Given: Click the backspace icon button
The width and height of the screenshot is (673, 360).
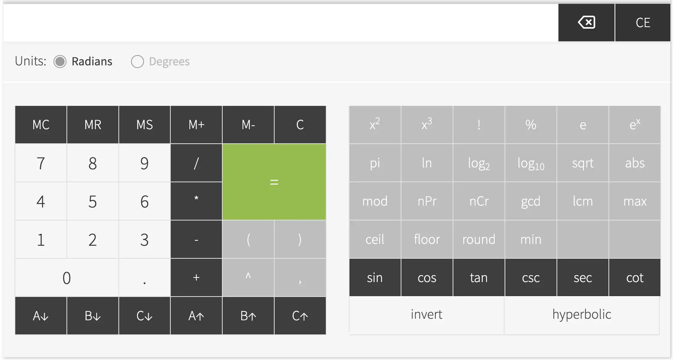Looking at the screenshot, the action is (x=586, y=23).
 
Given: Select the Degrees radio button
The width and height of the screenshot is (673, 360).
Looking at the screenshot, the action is (x=138, y=62).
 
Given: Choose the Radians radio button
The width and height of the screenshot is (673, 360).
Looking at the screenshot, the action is (x=60, y=62).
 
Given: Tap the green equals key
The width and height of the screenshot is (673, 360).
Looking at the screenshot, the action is (x=274, y=182).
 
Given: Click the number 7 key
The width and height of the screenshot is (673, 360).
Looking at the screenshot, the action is (x=41, y=163).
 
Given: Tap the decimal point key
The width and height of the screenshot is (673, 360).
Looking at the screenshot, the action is (x=144, y=278).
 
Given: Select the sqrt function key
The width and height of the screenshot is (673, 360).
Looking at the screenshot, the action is (x=583, y=163).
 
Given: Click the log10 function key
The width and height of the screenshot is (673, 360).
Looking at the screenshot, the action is (x=531, y=163).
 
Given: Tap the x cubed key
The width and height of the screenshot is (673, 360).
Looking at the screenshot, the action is (x=427, y=125).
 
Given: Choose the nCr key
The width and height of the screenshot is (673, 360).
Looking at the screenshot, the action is (x=479, y=201).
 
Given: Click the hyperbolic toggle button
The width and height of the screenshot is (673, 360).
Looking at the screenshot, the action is (x=582, y=315).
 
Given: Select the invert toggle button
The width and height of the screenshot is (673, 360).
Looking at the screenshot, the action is (x=427, y=315).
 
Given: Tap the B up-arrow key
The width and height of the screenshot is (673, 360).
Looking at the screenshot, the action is (x=248, y=316).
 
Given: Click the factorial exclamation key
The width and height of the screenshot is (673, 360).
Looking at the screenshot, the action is (x=479, y=125).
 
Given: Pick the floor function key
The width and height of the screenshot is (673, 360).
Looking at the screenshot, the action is (x=427, y=240).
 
